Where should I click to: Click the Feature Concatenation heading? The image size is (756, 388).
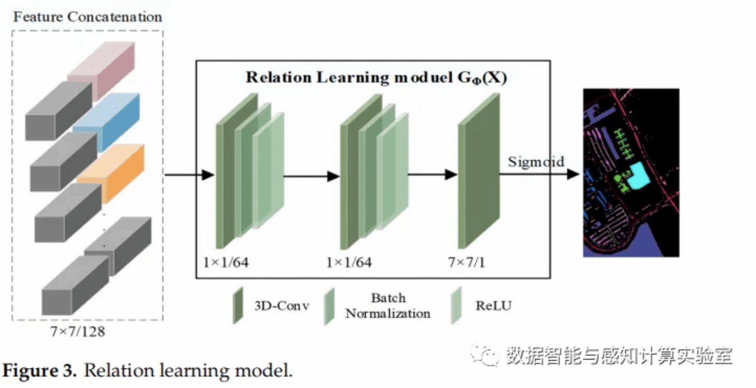click(x=87, y=16)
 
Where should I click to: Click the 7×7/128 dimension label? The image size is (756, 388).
click(x=77, y=332)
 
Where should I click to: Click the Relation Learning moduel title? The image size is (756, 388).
click(x=376, y=77)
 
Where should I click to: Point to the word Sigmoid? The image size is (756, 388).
click(x=536, y=162)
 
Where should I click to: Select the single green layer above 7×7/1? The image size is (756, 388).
click(x=478, y=170)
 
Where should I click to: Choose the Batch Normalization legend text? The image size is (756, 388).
click(x=388, y=305)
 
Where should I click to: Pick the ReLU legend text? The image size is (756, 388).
click(x=493, y=305)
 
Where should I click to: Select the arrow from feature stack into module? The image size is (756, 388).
click(x=189, y=175)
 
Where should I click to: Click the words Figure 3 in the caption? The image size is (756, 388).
click(x=40, y=370)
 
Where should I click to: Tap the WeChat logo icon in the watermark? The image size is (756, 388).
click(x=484, y=354)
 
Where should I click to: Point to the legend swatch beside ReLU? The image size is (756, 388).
click(x=456, y=305)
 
